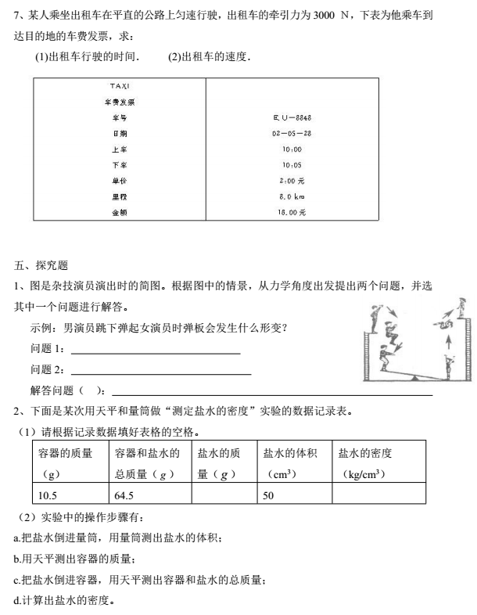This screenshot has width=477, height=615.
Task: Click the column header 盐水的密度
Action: click(x=366, y=453)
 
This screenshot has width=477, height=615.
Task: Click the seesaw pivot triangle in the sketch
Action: click(x=414, y=377)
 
